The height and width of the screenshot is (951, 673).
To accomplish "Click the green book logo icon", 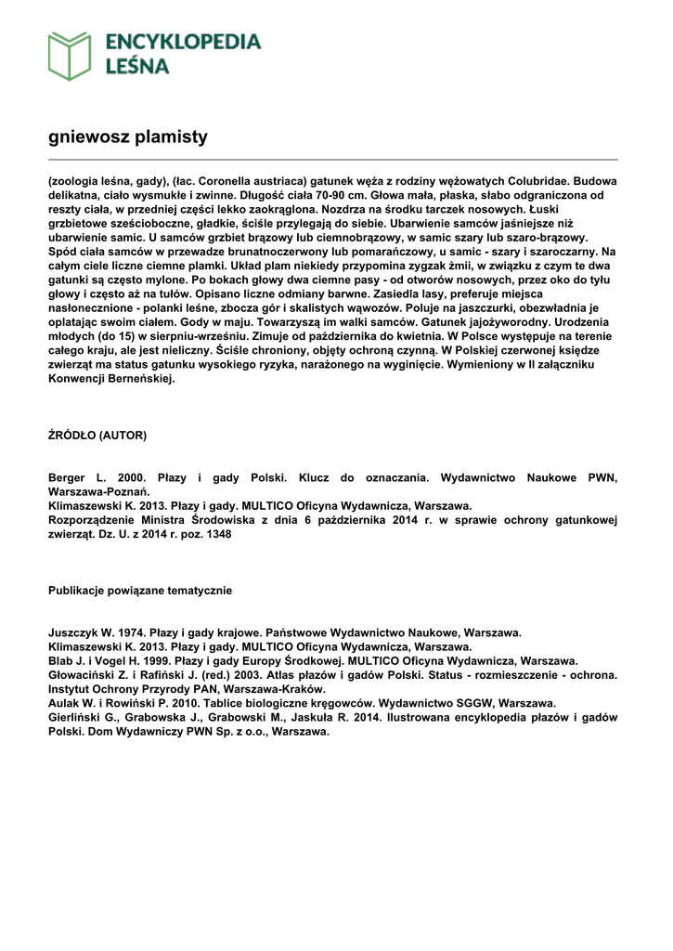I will click(x=70, y=55).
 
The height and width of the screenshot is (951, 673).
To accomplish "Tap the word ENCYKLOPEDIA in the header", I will click(x=183, y=42).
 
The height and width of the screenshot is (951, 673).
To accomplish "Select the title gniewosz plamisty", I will click(x=127, y=137).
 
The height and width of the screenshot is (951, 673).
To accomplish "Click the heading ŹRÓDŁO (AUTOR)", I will click(x=97, y=435).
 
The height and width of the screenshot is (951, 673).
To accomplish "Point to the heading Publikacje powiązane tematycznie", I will click(x=140, y=590).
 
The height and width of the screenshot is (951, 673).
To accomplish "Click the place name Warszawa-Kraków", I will click(x=272, y=689).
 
